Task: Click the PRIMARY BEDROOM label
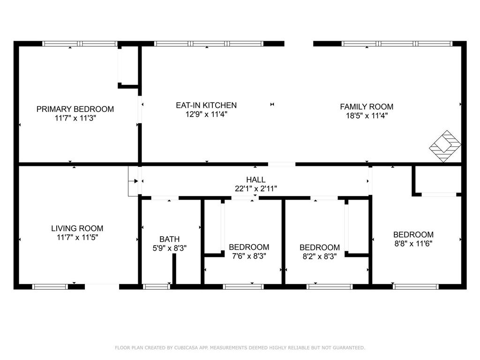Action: pos(75,109)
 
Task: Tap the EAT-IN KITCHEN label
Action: pos(206,105)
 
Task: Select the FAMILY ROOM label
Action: pos(367,106)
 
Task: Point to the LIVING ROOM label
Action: pos(77,228)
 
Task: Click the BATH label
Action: pos(170,239)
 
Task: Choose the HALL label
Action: pos(255,180)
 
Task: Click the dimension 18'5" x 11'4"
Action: pos(367,116)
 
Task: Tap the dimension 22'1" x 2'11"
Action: pos(255,188)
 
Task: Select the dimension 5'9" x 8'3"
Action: pos(170,248)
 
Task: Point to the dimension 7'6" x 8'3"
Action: pos(249,256)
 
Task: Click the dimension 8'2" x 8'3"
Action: pos(320,256)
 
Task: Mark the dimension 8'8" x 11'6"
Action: pos(413,244)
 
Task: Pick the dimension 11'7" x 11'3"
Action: pos(75,118)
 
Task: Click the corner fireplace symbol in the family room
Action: pos(445,146)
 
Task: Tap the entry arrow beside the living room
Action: pos(135,181)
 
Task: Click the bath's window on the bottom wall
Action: pos(157,287)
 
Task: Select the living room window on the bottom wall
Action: pos(50,287)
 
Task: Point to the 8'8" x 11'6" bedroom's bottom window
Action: pos(415,287)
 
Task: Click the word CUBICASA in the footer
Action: pos(186,348)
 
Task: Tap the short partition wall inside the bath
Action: pos(174,269)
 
